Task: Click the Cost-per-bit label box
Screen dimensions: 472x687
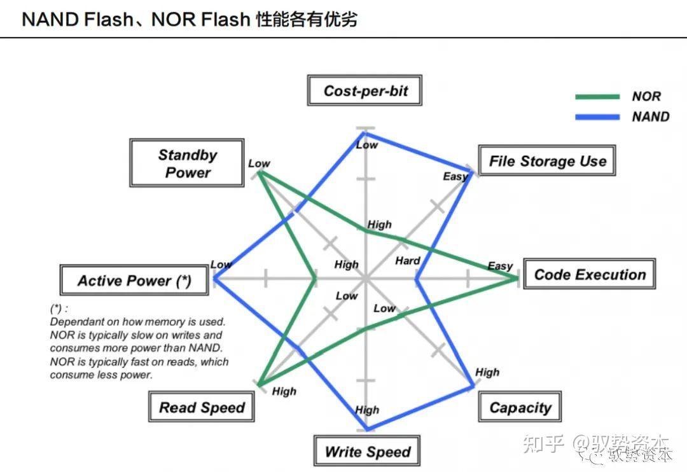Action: pyautogui.click(x=365, y=91)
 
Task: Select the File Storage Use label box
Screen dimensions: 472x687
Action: pyautogui.click(x=547, y=161)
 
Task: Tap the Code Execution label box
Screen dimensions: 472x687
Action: pyautogui.click(x=589, y=275)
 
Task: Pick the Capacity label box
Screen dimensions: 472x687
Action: pyautogui.click(x=520, y=408)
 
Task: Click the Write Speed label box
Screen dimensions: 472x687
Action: pyautogui.click(x=367, y=452)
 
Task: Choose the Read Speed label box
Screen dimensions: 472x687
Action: pyautogui.click(x=202, y=408)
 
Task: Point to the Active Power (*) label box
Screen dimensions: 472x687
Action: pyautogui.click(x=134, y=281)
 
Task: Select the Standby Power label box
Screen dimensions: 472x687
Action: pyautogui.click(x=187, y=163)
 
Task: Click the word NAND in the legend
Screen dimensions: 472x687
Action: pyautogui.click(x=650, y=116)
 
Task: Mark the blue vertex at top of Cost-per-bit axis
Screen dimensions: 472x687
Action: pyautogui.click(x=364, y=132)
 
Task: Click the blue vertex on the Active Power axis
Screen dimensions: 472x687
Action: pyautogui.click(x=214, y=278)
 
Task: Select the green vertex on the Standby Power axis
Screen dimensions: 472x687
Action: pyautogui.click(x=260, y=172)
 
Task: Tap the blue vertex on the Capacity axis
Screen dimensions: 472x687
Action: pyautogui.click(x=473, y=385)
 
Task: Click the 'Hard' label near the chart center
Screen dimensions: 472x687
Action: pyautogui.click(x=407, y=260)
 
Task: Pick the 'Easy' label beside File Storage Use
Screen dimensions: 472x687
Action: pyautogui.click(x=455, y=176)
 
